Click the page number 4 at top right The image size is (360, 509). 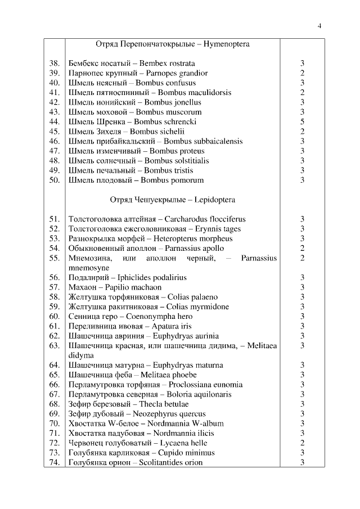(319, 26)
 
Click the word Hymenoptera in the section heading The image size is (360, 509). (227, 43)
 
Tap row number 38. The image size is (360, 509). (55, 63)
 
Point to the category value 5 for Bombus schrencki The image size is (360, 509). (302, 121)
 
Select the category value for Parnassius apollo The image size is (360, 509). (302, 248)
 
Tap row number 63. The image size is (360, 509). (55, 345)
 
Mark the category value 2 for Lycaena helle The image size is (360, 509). (302, 443)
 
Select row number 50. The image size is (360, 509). (55, 180)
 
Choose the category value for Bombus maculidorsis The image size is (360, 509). (302, 92)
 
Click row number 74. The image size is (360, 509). (55, 462)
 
